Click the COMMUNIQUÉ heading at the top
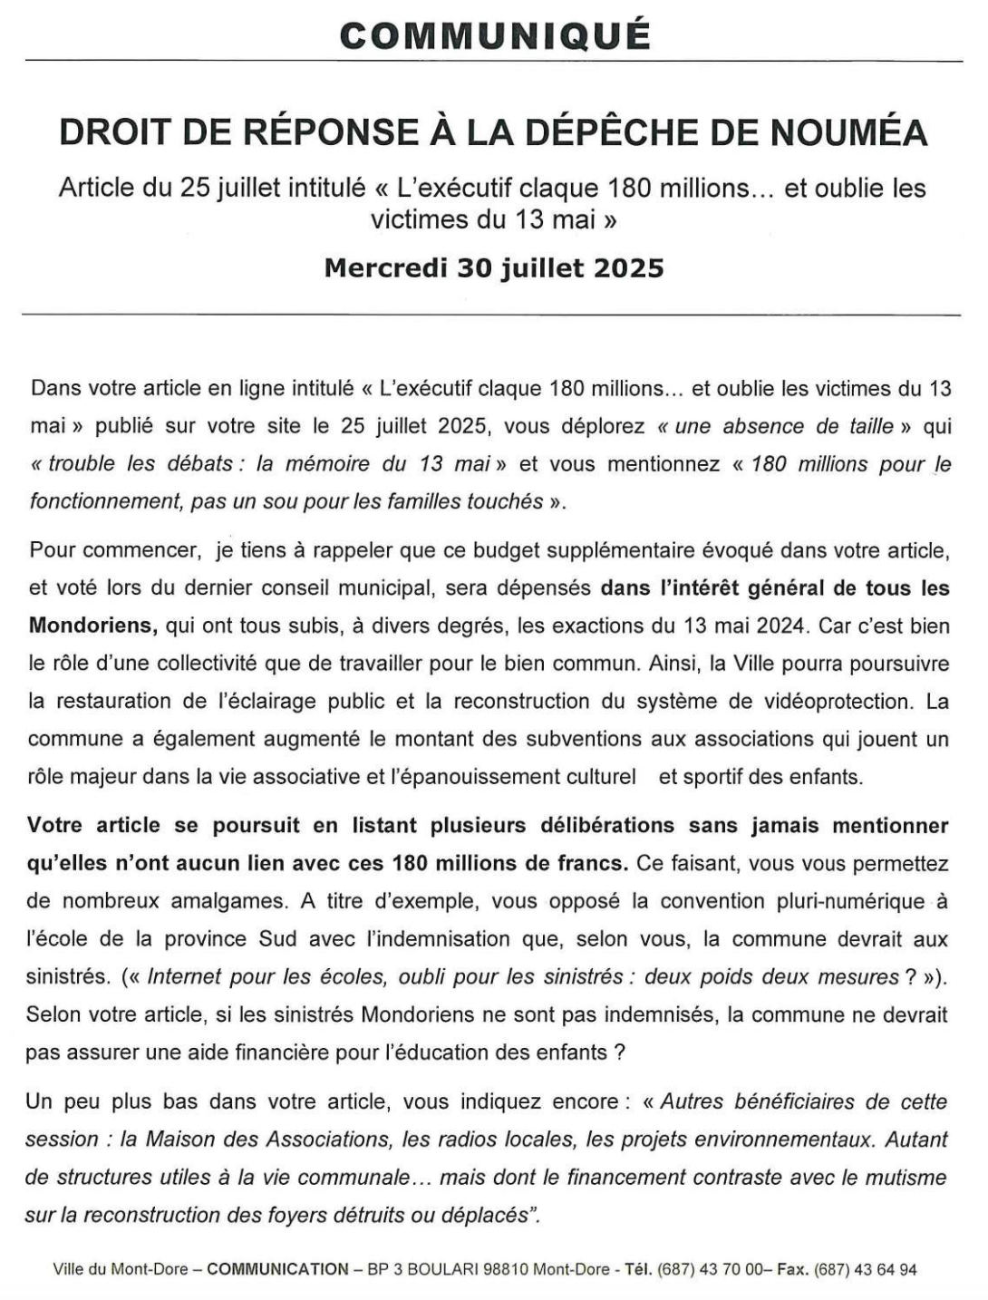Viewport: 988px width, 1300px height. [x=494, y=35]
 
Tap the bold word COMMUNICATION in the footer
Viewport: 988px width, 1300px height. [x=277, y=1270]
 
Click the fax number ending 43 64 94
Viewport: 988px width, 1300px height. [x=865, y=1270]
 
